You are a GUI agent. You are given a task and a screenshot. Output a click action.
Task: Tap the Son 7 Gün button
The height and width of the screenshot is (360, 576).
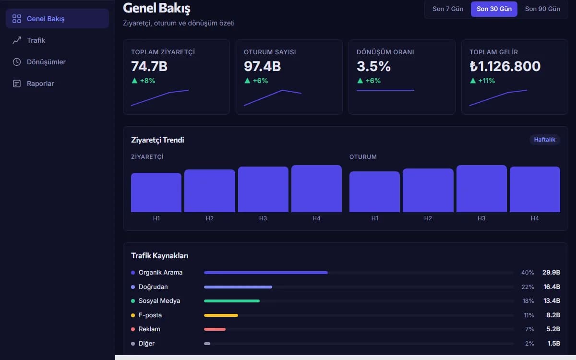[448, 9]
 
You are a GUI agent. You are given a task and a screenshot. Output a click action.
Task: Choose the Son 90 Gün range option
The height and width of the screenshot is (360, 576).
[542, 9]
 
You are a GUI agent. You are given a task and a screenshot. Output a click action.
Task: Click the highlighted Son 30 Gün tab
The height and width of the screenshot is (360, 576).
[494, 9]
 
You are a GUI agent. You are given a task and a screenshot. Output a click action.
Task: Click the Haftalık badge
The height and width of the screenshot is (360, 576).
[545, 140]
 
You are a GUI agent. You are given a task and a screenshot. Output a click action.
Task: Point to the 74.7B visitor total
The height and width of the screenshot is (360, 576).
[149, 66]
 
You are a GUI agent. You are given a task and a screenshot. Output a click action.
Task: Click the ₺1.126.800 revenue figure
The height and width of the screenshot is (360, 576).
[505, 66]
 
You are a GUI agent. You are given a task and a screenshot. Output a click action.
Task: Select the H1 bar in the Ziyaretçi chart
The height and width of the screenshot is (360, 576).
[156, 192]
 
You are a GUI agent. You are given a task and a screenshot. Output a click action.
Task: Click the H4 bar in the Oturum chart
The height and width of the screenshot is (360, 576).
[535, 189]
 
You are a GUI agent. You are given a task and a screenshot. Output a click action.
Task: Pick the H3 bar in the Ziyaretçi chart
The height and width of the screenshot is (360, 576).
[263, 189]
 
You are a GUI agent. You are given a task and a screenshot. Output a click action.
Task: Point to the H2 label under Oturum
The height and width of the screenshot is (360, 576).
[428, 218]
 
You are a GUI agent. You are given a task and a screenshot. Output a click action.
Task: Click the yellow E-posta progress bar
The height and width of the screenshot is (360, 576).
[221, 315]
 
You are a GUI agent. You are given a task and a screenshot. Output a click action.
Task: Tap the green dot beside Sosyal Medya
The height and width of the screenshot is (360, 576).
[133, 301]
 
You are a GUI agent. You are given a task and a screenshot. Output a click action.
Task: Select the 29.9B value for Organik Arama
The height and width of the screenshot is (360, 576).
[551, 272]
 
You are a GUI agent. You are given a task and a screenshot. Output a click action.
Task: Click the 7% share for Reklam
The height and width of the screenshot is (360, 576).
[529, 329]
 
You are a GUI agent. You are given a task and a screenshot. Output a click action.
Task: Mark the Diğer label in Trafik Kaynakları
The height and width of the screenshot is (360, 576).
[146, 344]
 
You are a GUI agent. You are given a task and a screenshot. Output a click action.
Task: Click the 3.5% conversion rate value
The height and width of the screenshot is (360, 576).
[373, 66]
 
